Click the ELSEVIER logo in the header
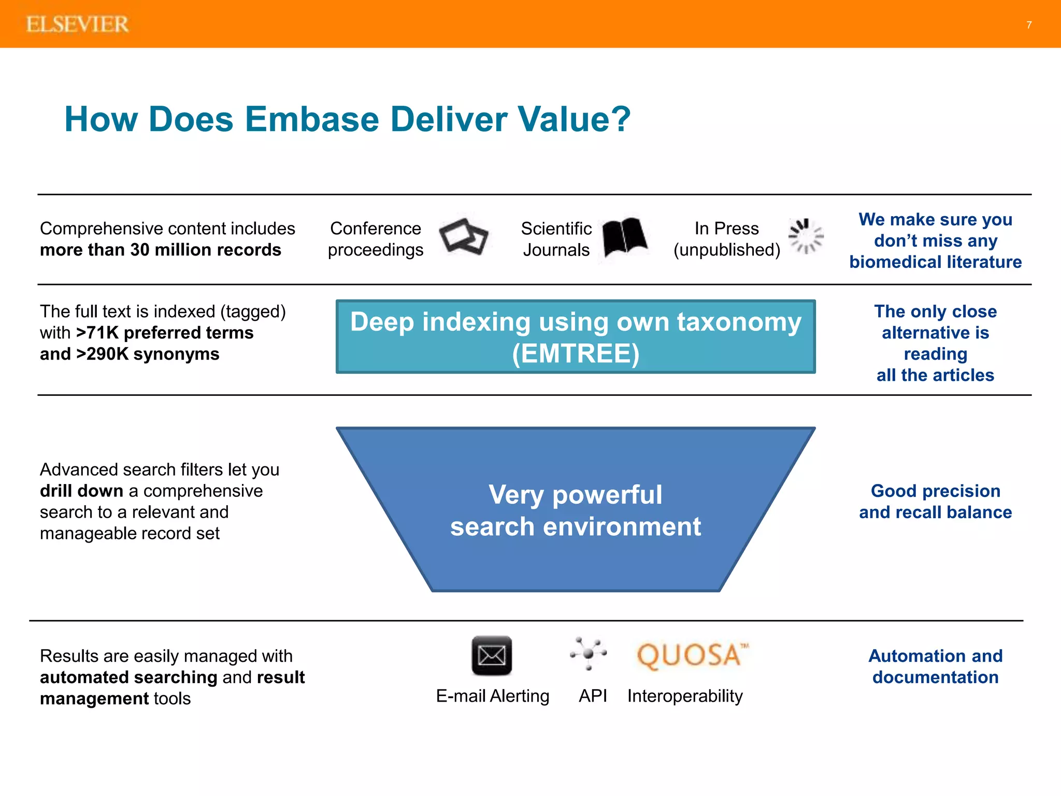(x=77, y=24)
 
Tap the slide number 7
(x=1029, y=25)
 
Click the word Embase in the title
(x=312, y=119)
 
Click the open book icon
(x=625, y=238)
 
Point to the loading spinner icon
(x=806, y=237)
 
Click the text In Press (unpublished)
(x=726, y=239)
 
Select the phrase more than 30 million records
(x=161, y=250)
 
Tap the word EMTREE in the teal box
(x=576, y=354)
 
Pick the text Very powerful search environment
(x=575, y=510)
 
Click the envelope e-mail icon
(x=492, y=656)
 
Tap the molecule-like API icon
(x=589, y=654)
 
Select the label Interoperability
(x=685, y=696)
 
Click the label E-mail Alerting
(x=492, y=696)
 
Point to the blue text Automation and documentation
(x=935, y=666)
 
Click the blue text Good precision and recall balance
(x=935, y=502)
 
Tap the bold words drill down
(x=81, y=491)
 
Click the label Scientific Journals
(x=556, y=239)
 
